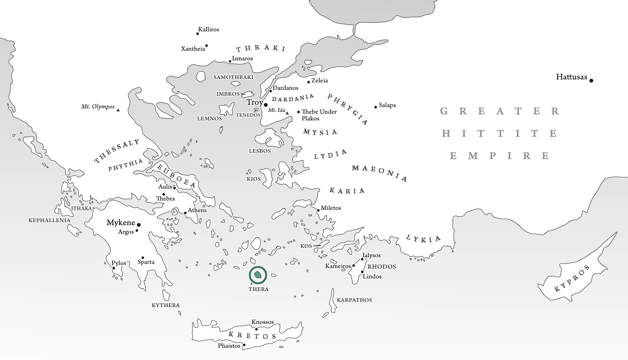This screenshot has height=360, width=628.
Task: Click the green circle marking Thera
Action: tap(258, 275)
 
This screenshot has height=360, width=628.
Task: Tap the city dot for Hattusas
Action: tap(591, 80)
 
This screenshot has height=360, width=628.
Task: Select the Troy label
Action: tap(254, 102)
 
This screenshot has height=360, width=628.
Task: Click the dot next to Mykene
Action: tap(139, 225)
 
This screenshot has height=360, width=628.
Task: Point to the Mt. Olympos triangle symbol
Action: tap(118, 110)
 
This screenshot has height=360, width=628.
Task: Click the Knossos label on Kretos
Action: tap(263, 322)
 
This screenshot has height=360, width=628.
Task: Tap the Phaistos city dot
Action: tap(244, 345)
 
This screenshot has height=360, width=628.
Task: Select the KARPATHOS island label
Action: tap(354, 300)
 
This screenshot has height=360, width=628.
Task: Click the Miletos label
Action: tap(331, 208)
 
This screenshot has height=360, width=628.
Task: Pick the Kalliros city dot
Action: tap(197, 34)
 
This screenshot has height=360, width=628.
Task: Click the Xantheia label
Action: tap(193, 49)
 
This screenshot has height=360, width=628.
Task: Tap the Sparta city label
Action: tap(146, 262)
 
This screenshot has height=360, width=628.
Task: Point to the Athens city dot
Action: tap(185, 213)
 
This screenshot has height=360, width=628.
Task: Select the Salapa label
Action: tap(387, 105)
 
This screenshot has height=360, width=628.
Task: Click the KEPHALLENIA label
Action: tap(49, 220)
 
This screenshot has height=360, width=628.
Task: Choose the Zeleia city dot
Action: tap(308, 82)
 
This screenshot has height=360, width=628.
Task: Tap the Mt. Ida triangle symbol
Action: tap(287, 113)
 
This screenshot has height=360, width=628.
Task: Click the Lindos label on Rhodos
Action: tap(372, 277)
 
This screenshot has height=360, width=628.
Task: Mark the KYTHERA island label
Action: tap(166, 305)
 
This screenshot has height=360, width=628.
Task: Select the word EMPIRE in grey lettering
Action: tap(499, 156)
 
